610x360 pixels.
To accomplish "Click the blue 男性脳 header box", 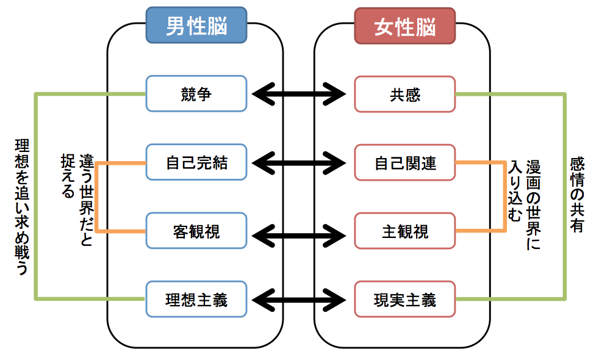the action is (196, 25).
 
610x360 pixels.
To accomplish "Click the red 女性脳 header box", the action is (405, 26).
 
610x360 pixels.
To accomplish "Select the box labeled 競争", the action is (196, 94).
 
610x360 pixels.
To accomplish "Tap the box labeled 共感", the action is (405, 94).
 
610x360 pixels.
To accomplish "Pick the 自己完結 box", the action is (196, 162).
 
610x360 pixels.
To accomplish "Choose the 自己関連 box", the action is (405, 163).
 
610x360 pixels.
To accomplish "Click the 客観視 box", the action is (196, 231).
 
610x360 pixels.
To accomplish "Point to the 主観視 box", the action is (405, 231).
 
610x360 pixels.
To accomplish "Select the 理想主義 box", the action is (196, 299).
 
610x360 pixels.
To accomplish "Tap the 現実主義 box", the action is (405, 300).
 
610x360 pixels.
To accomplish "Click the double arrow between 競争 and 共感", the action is (299, 94).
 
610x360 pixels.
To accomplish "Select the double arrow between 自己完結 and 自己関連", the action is (299, 163).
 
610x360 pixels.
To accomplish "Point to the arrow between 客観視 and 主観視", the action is (299, 236).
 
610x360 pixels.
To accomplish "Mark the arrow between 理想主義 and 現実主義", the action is (299, 300).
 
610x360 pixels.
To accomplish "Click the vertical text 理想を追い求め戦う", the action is (22, 207).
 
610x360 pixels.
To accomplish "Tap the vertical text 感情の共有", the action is (577, 195).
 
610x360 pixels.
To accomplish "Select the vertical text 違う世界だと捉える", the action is (77, 200).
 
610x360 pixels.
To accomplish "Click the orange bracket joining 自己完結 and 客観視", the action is (96, 197).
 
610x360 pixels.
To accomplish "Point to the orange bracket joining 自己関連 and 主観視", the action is (505, 197).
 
